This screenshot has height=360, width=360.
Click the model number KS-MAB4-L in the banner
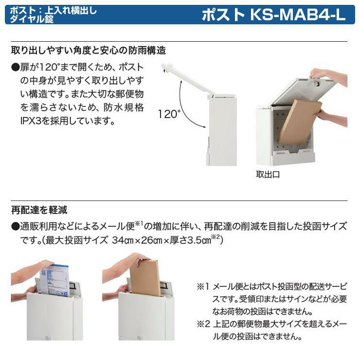(x=298, y=15)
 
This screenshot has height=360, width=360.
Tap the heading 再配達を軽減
(x=39, y=210)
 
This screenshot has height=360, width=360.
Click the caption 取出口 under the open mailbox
(x=268, y=175)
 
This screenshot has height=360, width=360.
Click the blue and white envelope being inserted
(x=55, y=280)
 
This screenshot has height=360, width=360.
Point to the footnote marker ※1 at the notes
(x=203, y=287)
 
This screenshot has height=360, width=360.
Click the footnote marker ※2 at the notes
(x=203, y=324)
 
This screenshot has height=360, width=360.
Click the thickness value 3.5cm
(x=199, y=240)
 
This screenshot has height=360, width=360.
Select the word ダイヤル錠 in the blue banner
(x=32, y=19)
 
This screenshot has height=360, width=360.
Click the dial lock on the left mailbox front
(x=48, y=338)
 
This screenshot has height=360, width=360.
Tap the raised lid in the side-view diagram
(x=187, y=79)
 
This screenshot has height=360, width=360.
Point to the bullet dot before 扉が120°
(x=16, y=67)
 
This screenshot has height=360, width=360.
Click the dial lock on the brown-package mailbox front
(x=139, y=338)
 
